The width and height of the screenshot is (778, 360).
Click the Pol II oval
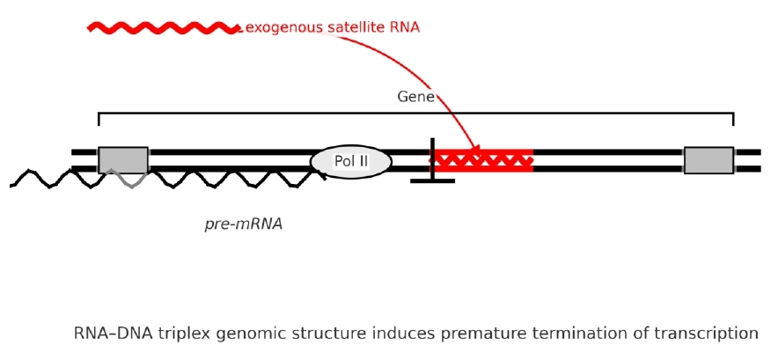(x=351, y=162)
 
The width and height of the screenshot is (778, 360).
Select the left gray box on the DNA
(x=123, y=159)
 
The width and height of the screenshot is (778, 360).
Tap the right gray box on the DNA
(x=708, y=160)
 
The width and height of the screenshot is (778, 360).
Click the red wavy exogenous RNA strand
(x=163, y=28)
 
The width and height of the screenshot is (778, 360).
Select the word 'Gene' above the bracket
(x=415, y=97)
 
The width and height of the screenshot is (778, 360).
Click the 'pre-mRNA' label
(x=244, y=224)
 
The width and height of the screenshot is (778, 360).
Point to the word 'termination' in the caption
(x=576, y=334)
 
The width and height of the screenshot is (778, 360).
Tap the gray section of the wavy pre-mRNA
(x=126, y=179)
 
